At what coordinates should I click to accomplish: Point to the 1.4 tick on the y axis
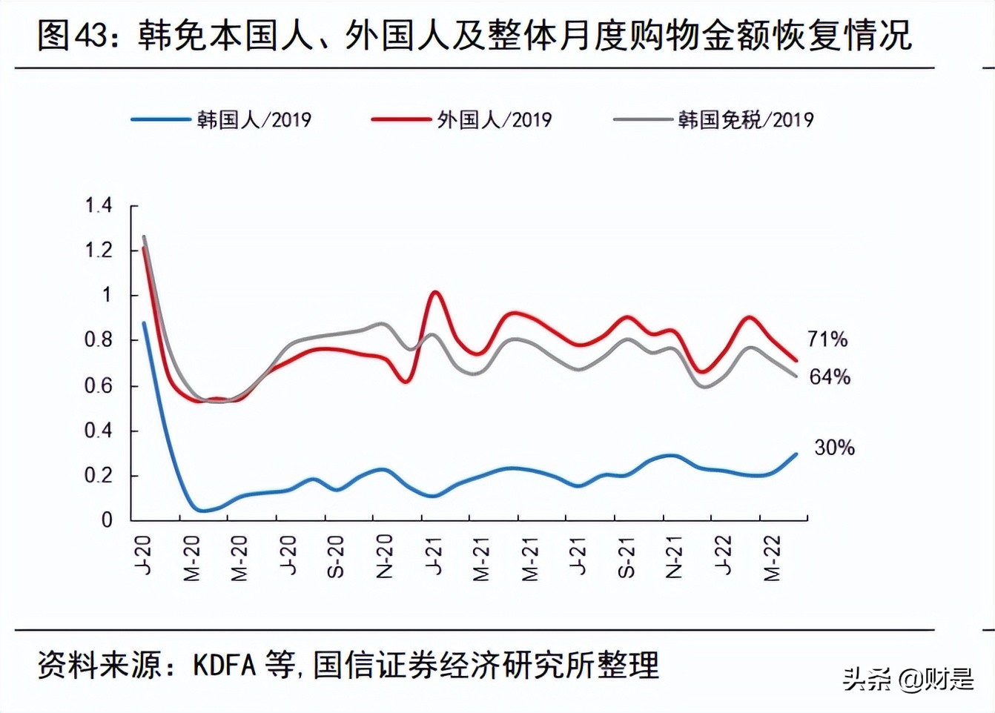point(99,205)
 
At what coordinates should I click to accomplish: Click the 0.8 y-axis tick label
point(99,340)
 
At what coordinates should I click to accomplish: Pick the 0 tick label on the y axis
point(108,520)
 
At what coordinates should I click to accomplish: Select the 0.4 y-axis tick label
point(99,431)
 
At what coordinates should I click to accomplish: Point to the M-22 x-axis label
point(771,559)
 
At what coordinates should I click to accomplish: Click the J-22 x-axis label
point(723,556)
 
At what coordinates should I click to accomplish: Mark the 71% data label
point(827,339)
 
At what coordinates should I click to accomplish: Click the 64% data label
point(830,377)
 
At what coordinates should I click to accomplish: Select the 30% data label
point(834,448)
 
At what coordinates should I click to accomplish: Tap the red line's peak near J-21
point(435,292)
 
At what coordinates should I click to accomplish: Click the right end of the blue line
point(796,454)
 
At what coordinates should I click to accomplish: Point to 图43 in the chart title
point(73,35)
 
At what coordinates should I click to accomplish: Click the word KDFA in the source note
point(224,665)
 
